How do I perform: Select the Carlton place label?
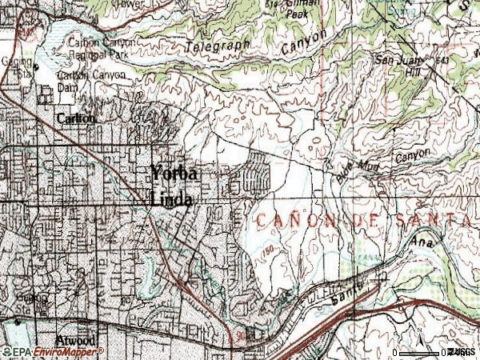(x=76, y=118)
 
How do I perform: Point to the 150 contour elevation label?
(x=270, y=254)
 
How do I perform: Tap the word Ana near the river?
(x=421, y=241)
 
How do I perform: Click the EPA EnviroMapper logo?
(x=51, y=351)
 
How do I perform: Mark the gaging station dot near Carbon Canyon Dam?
(x=35, y=66)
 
